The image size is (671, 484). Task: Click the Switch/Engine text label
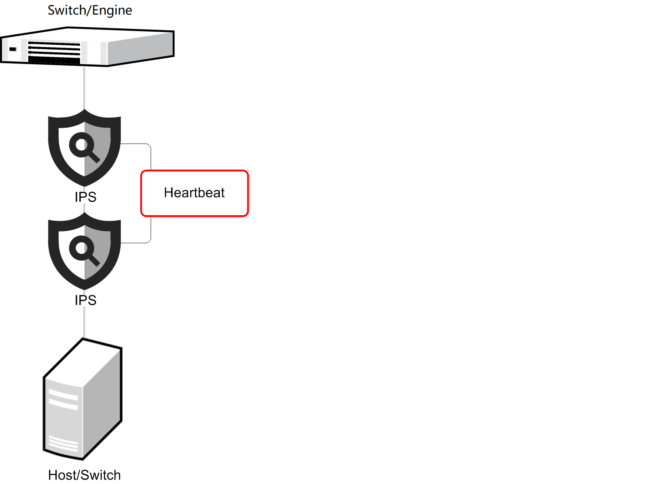click(90, 10)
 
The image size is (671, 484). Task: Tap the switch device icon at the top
click(87, 47)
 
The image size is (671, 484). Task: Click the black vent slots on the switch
click(54, 52)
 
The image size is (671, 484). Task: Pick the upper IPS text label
click(86, 197)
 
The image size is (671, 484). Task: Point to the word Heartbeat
click(194, 193)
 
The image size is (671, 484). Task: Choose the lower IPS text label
click(86, 300)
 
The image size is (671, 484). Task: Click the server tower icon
click(83, 399)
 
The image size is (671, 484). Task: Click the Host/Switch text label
click(84, 475)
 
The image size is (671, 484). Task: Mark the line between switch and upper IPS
click(84, 88)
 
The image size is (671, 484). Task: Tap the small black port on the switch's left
click(13, 49)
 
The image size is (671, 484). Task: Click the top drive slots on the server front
click(63, 399)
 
